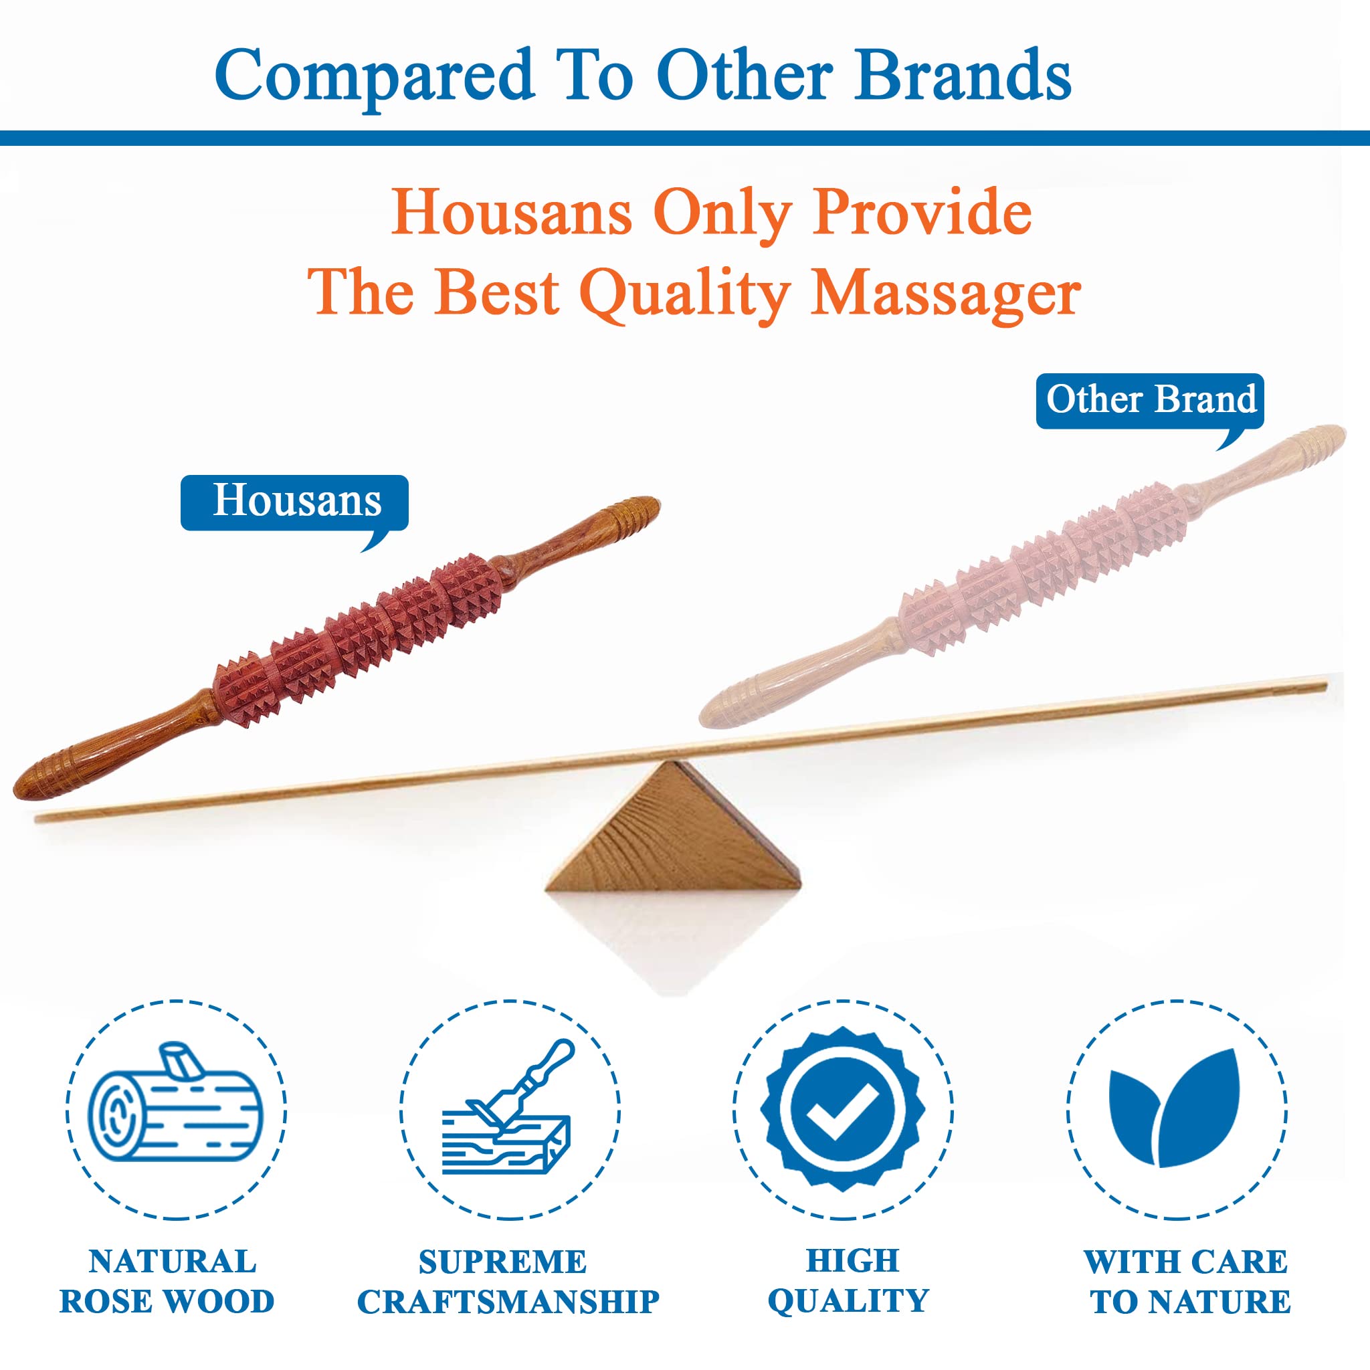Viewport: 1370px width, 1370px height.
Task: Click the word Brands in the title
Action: pyautogui.click(x=963, y=75)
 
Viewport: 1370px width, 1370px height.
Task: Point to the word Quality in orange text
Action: pyautogui.click(x=684, y=294)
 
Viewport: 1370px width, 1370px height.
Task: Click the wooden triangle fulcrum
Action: pyautogui.click(x=673, y=825)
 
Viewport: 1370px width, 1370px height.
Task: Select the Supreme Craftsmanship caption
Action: pyautogui.click(x=508, y=1282)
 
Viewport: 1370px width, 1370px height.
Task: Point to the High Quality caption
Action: pyautogui.click(x=848, y=1280)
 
